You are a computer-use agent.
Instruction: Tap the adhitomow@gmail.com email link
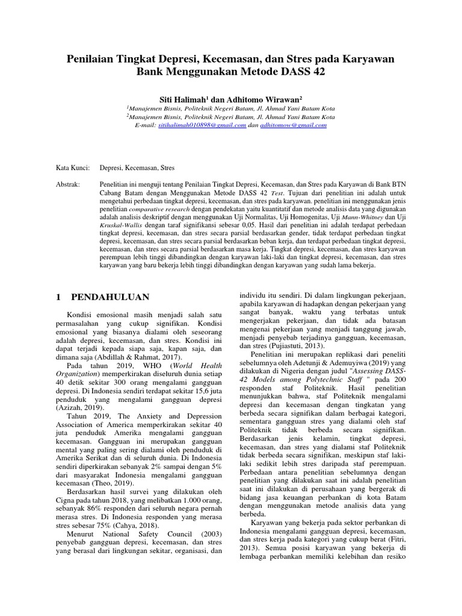[x=293, y=125]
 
